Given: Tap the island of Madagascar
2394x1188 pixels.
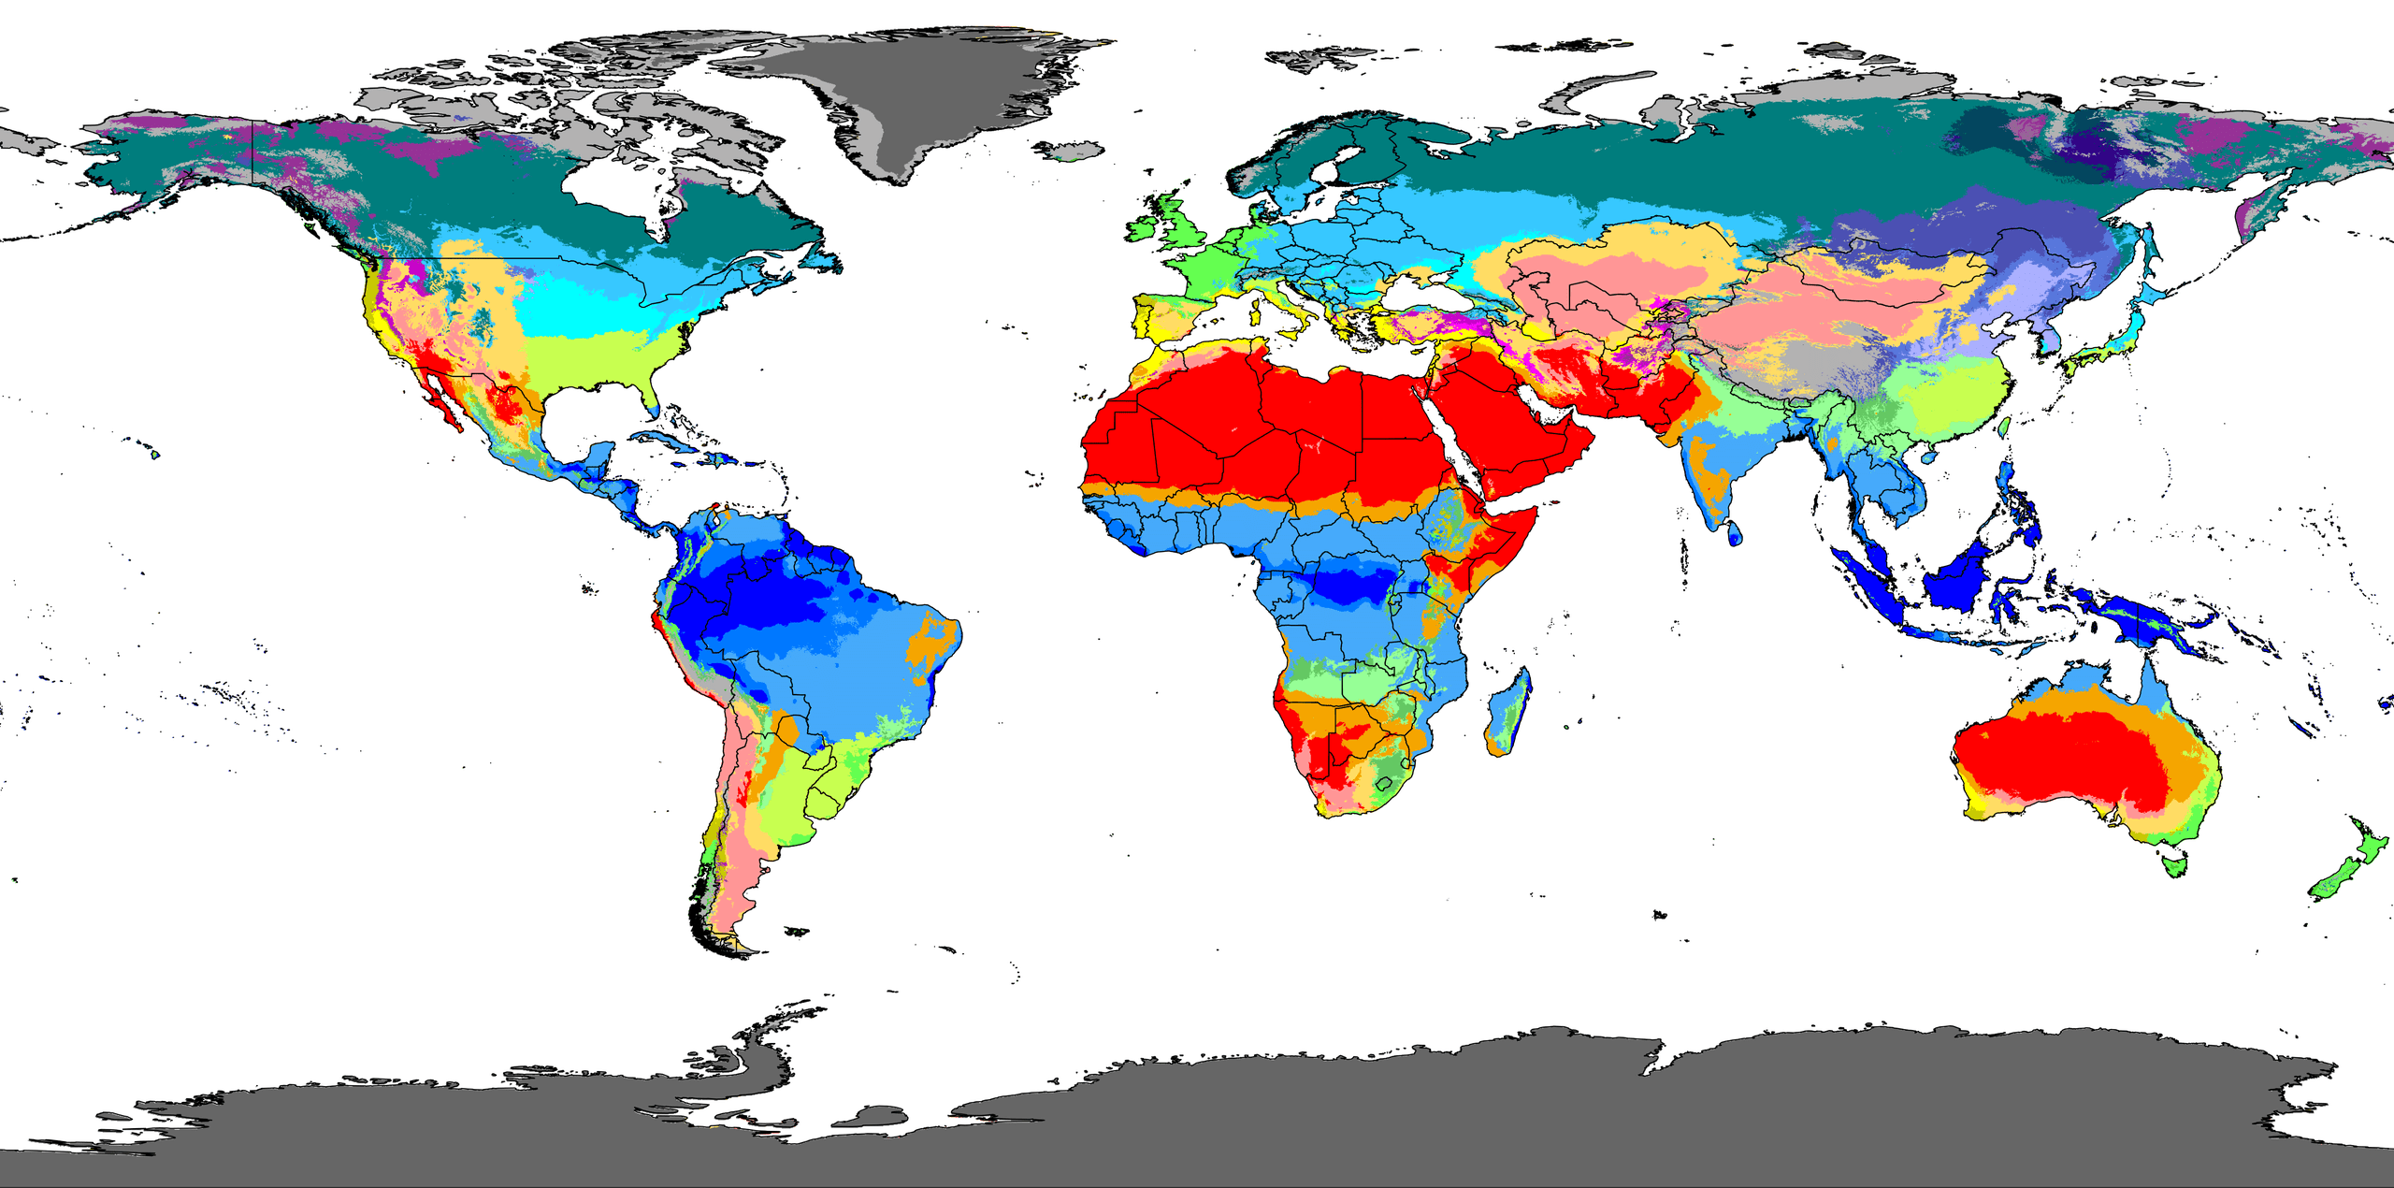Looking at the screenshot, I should [1508, 711].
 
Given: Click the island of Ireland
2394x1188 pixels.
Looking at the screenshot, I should [1144, 227].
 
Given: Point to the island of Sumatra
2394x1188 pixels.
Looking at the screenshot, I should [1866, 585].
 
